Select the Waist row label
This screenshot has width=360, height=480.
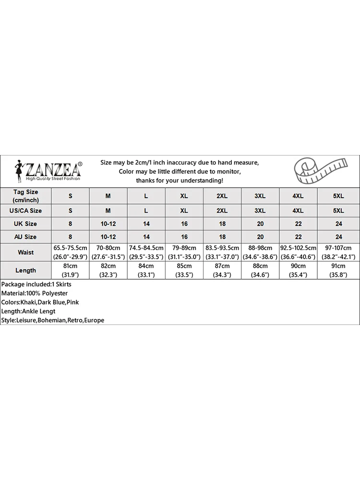pos(25,252)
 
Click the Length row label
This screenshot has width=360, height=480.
pos(25,270)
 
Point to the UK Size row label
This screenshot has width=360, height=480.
pos(25,224)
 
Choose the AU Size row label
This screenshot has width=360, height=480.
pos(25,237)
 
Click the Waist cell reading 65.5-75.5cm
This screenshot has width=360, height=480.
pos(70,252)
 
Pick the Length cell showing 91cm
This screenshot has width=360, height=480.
pos(338,270)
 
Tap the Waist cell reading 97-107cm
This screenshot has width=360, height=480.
pos(338,252)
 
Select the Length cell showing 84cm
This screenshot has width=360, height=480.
pos(146,270)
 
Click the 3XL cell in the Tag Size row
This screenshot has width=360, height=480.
pos(260,196)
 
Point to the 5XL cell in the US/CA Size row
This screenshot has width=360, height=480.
pos(338,210)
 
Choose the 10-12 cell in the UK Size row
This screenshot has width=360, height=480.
pos(108,224)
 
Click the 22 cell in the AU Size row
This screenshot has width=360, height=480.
pos(298,237)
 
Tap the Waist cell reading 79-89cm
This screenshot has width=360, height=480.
pos(184,252)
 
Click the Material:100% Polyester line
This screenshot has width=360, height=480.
pos(35,293)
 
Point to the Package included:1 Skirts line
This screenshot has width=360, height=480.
pos(36,284)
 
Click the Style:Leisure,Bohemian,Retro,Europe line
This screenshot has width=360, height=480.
pos(53,320)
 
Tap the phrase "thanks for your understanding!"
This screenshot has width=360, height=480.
pos(180,180)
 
